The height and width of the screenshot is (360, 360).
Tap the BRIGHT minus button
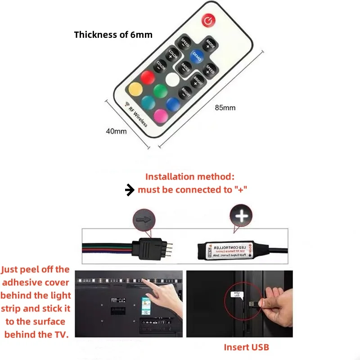185,93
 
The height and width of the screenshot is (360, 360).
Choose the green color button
160,91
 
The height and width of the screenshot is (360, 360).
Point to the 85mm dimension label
225,108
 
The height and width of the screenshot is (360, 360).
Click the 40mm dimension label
116,131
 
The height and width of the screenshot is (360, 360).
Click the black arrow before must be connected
130,190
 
